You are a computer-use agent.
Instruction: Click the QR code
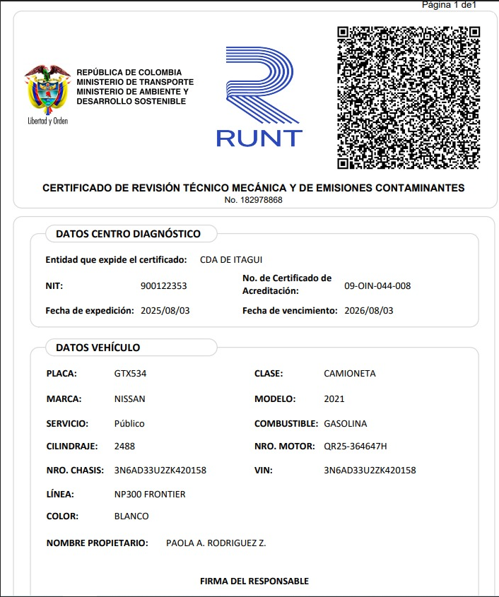point(409,97)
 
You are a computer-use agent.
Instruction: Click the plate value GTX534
point(130,374)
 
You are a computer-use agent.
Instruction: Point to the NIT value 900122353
point(164,286)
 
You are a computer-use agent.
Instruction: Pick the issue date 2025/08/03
point(165,311)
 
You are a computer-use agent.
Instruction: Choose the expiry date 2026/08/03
point(368,311)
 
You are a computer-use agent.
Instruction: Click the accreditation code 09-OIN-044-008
point(377,286)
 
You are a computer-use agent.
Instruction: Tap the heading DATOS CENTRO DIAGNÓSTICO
point(128,234)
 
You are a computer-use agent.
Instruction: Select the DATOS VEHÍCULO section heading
point(98,348)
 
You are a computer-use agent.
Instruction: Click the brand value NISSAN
point(129,399)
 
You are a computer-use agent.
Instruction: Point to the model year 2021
point(334,399)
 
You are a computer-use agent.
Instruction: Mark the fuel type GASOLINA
point(345,424)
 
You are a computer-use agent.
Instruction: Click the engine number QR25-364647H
point(355,447)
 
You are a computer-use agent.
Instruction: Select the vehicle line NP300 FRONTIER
point(150,495)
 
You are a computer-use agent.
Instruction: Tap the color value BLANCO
point(131,516)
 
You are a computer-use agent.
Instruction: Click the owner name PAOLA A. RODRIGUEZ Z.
point(216,543)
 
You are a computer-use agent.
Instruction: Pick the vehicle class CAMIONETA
point(349,374)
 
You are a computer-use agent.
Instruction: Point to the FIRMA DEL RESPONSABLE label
point(254,581)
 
